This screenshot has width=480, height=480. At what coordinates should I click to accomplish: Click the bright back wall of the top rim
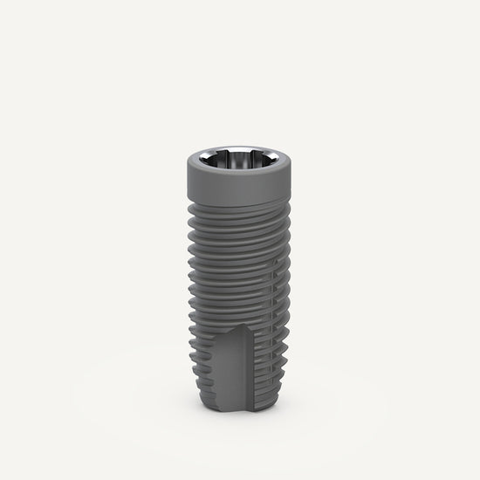239,151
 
